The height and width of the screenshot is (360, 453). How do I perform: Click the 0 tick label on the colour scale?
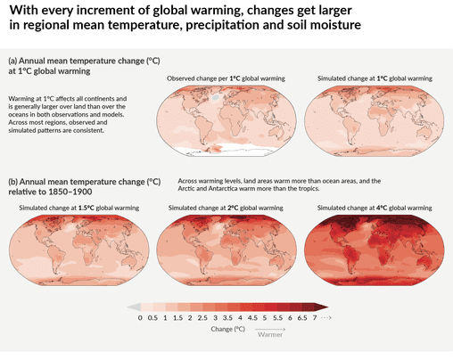coord(141,317)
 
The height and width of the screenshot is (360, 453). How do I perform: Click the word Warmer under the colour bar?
coord(270,336)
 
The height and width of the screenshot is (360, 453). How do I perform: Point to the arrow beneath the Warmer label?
coord(270,341)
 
